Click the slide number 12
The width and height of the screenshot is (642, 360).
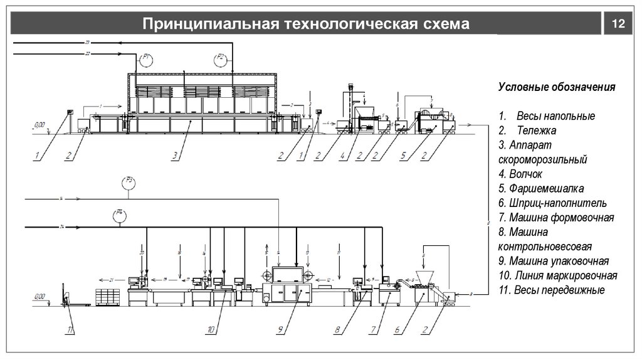tap(618, 24)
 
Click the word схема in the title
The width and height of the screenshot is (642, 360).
tap(445, 24)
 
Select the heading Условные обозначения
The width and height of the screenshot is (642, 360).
tap(557, 87)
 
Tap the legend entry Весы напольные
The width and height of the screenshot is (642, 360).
tap(555, 117)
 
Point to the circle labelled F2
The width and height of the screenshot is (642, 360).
tap(221, 60)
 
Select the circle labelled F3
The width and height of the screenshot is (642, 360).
tap(129, 183)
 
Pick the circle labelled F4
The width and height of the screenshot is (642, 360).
tap(118, 215)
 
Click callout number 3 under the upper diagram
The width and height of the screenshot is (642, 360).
tap(176, 155)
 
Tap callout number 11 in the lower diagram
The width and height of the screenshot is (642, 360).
tap(71, 329)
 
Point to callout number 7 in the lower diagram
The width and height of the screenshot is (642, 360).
tap(372, 329)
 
